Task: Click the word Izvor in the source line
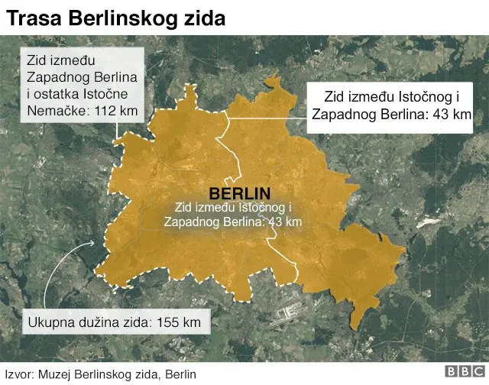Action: [18, 374]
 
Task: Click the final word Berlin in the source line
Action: [180, 374]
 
